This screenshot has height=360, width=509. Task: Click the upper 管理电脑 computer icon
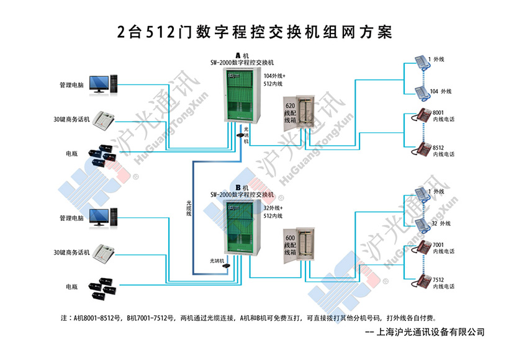[x=102, y=84]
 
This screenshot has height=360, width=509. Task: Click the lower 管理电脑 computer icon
[x=102, y=218]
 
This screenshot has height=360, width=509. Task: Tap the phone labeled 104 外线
[x=421, y=92]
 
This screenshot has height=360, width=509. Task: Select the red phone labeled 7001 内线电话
[x=425, y=247]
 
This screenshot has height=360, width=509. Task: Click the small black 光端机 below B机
[x=228, y=265]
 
